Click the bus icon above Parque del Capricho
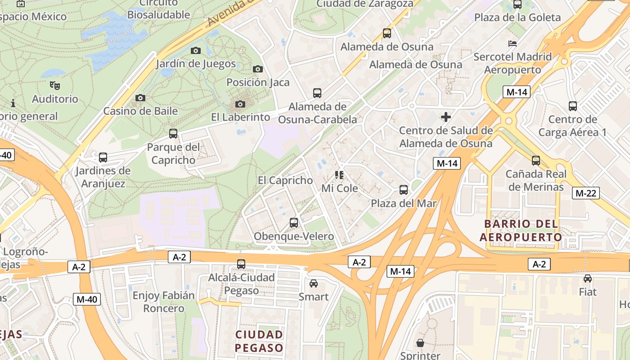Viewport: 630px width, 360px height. [x=173, y=134]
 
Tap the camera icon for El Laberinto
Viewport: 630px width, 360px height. [x=240, y=104]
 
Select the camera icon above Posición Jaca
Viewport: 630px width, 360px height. [x=257, y=69]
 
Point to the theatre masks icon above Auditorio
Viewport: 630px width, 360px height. [x=55, y=85]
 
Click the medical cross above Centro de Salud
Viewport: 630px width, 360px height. [x=446, y=117]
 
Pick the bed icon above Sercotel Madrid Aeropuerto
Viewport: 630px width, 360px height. [x=512, y=44]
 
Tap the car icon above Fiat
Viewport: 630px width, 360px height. [x=588, y=279]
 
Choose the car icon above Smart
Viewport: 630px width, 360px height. [x=314, y=283]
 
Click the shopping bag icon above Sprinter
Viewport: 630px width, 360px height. [x=420, y=343]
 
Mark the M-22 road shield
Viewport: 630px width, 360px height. [x=585, y=193]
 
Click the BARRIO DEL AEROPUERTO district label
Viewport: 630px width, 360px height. [x=521, y=230]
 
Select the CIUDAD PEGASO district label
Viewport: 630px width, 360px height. [x=259, y=341]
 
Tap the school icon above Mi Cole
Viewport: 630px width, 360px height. [x=339, y=175]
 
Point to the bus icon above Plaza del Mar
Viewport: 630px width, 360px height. [x=404, y=190]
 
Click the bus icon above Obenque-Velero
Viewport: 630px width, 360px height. [x=294, y=222]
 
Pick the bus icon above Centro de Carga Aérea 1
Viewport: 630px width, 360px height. [x=573, y=106]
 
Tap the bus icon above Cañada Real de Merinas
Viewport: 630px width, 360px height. [x=535, y=161]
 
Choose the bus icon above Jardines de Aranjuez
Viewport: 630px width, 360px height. [x=103, y=157]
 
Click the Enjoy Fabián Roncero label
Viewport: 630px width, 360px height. [x=164, y=302]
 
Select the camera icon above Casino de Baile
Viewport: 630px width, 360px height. [x=140, y=98]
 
